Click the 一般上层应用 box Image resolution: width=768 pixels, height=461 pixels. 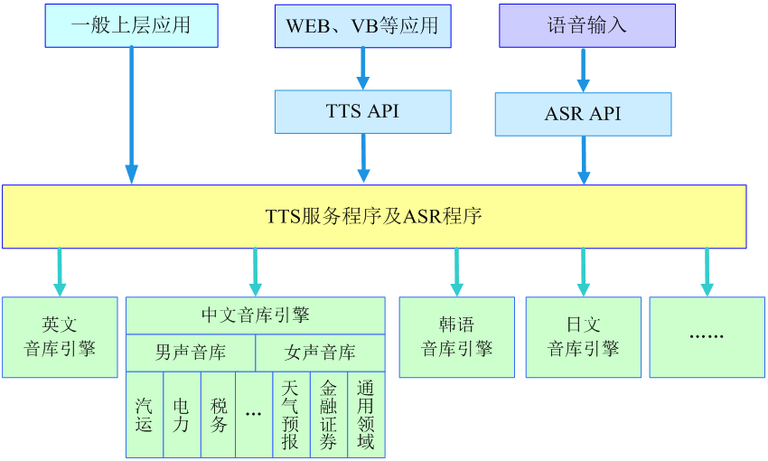pos(131,26)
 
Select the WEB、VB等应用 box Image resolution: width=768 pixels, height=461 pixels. pos(363,26)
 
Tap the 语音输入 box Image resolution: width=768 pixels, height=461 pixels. pos(587,26)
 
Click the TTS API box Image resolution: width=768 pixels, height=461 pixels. pos(363,112)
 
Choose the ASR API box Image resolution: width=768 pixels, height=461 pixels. pos(584,114)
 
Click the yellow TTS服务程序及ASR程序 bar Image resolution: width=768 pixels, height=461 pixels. pos(374,217)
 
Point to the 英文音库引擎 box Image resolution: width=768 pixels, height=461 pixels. pos(60,337)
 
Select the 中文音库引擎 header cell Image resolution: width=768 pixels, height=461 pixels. pos(256,315)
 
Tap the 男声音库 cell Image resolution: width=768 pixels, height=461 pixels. pos(191,353)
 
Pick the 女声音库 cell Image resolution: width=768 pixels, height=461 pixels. pos(321,353)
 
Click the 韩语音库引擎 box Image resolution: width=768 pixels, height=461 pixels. pos(457,337)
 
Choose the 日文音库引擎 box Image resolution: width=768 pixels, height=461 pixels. pos(584,337)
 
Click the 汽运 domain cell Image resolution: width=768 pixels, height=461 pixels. pos(145,415)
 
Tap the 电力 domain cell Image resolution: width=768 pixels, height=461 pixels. pos(182,415)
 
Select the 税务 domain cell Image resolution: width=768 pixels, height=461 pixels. pos(219,415)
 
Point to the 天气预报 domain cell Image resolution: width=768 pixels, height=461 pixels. pos(291,415)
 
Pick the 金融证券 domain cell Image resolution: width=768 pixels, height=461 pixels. pos(329,415)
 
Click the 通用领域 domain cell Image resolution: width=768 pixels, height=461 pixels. pos(366,415)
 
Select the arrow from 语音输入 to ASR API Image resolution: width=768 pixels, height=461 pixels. pos(583,71)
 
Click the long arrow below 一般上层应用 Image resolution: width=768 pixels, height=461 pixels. pos(131,115)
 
